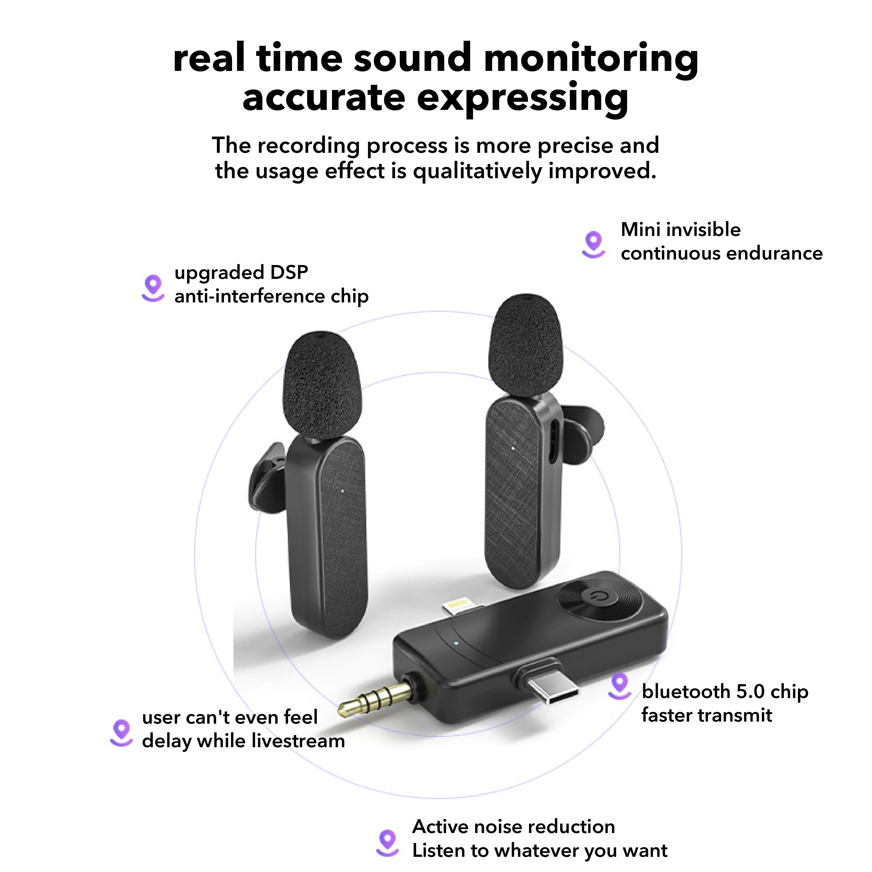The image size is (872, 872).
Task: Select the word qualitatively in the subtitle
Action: point(477,172)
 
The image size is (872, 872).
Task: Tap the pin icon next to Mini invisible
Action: point(594,244)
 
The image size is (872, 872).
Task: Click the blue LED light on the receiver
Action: point(456,643)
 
